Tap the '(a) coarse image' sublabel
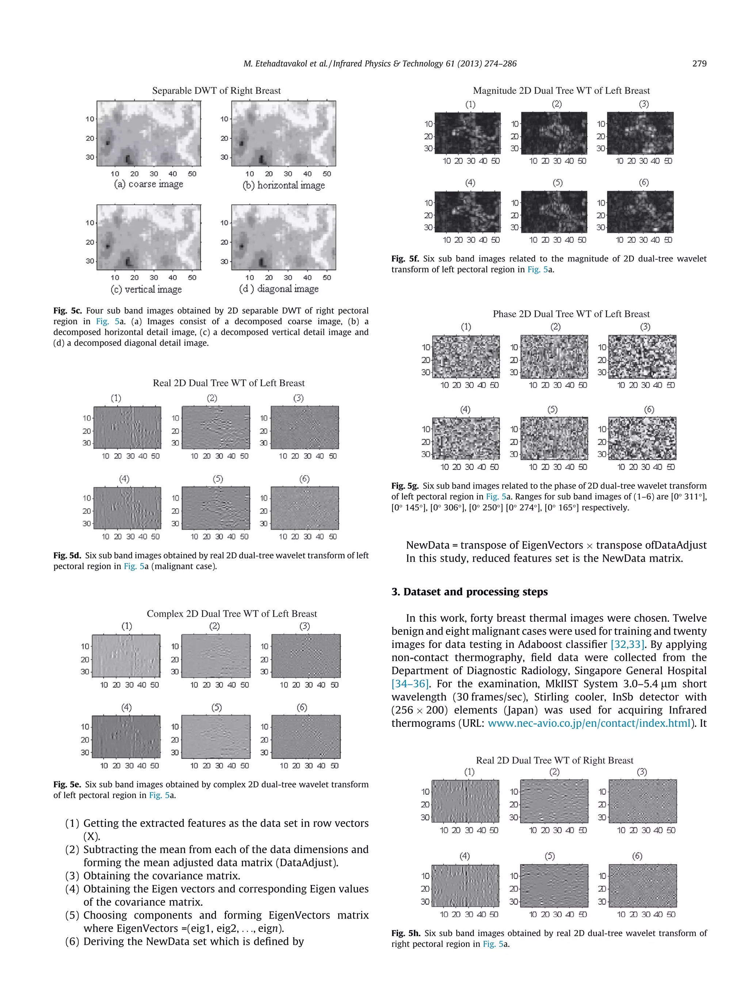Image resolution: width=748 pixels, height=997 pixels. click(x=148, y=184)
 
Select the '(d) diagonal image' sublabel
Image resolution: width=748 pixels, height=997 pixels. click(x=279, y=288)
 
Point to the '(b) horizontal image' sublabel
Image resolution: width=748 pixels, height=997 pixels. click(x=283, y=185)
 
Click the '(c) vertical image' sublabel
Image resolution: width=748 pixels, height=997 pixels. click(x=146, y=289)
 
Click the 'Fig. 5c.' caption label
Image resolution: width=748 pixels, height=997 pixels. click(x=67, y=311)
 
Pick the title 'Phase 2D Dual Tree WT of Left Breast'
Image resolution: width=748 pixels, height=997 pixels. click(x=571, y=314)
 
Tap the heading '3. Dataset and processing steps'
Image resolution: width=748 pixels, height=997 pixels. click(x=469, y=592)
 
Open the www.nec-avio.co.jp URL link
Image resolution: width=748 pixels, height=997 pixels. click(x=589, y=724)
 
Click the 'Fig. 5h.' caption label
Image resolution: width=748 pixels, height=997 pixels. click(x=405, y=933)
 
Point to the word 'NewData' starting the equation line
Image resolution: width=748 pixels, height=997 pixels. click(x=427, y=545)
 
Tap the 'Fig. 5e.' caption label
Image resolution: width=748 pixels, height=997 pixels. click(x=67, y=784)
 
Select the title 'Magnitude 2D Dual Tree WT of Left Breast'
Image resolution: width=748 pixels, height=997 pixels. click(x=561, y=91)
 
